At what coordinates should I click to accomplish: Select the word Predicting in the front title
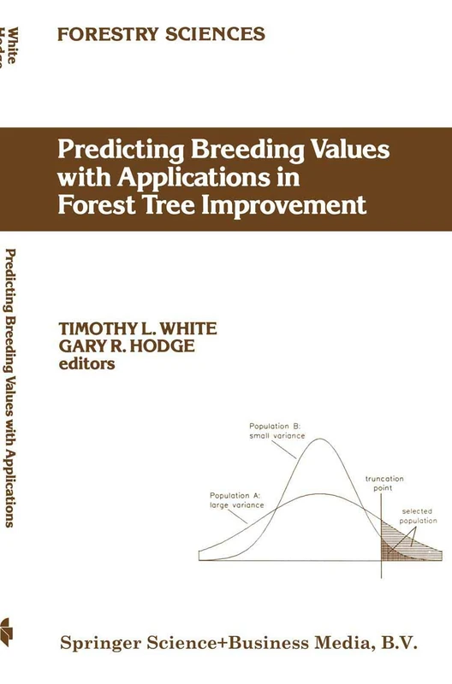[x=114, y=150]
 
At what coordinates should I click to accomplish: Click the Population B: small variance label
[x=274, y=431]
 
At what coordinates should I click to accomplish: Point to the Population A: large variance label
[x=235, y=500]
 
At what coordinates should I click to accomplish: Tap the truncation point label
[x=384, y=484]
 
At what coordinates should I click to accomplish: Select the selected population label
[x=419, y=516]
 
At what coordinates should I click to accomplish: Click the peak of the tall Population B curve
[x=320, y=440]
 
